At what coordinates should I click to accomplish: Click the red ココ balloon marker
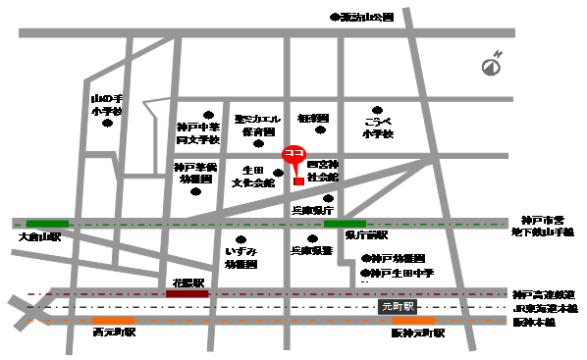pyautogui.click(x=293, y=155)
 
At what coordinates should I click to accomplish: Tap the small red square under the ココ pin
pyautogui.click(x=297, y=180)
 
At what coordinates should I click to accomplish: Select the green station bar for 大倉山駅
pyautogui.click(x=47, y=224)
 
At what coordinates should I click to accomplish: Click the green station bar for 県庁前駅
pyautogui.click(x=344, y=224)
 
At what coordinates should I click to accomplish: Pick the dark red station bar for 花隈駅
pyautogui.click(x=187, y=292)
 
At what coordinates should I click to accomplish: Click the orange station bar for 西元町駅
pyautogui.click(x=114, y=320)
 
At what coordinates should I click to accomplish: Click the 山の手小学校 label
pyautogui.click(x=105, y=105)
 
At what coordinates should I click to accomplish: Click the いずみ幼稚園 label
pyautogui.click(x=240, y=258)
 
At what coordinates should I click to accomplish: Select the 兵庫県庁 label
pyautogui.click(x=313, y=210)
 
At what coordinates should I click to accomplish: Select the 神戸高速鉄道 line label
pyautogui.click(x=543, y=293)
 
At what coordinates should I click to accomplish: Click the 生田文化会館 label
pyautogui.click(x=254, y=177)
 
